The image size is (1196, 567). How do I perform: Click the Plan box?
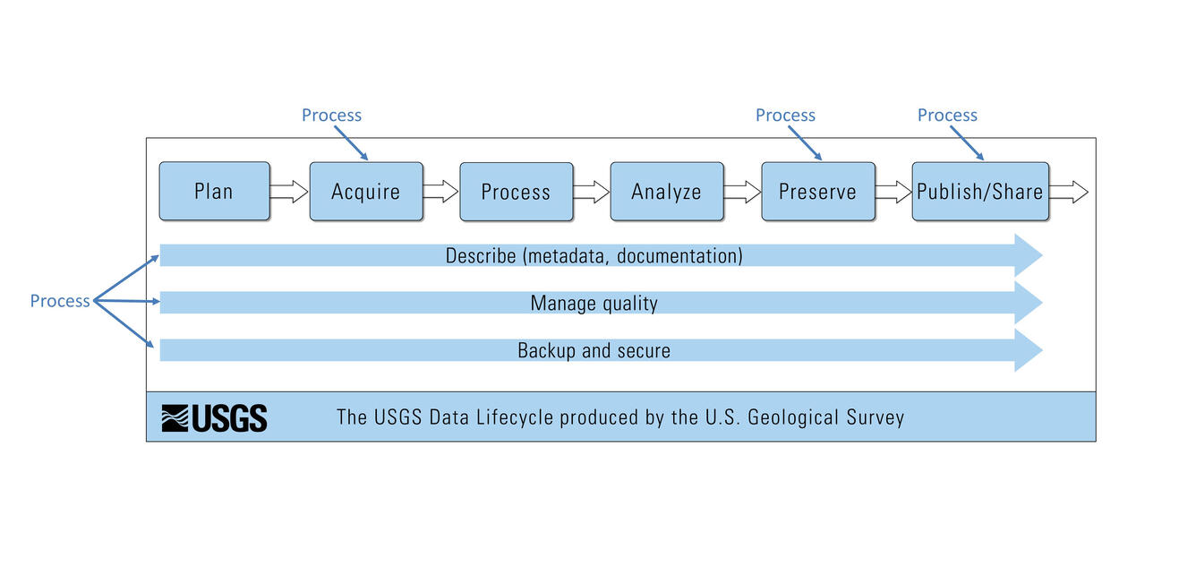(x=214, y=191)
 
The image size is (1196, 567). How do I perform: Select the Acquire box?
(x=365, y=191)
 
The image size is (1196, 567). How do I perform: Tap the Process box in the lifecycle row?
(x=516, y=191)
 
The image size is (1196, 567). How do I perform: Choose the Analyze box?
(x=666, y=191)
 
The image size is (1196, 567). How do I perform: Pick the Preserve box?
(x=817, y=191)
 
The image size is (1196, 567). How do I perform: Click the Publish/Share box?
(x=979, y=191)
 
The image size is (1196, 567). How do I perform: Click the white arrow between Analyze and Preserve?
(x=741, y=191)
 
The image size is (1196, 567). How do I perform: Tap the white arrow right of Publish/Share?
(x=1069, y=191)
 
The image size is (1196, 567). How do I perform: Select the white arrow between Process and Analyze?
(x=591, y=191)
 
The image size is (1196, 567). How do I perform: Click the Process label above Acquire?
(x=331, y=116)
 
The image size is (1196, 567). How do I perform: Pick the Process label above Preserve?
(x=785, y=116)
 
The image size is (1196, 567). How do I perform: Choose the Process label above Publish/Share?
(x=947, y=116)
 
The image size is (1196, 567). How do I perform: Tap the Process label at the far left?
(x=60, y=301)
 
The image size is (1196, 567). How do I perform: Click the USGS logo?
(x=214, y=417)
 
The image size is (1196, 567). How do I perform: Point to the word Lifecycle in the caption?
(x=513, y=417)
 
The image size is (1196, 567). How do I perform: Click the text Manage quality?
(x=594, y=304)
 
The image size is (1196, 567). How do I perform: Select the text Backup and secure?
(x=594, y=350)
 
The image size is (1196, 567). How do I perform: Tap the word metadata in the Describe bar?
(x=568, y=256)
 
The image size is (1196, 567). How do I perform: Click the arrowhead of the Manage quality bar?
(x=1027, y=303)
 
